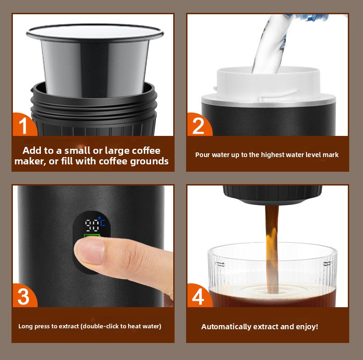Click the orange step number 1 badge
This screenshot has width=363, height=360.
(24, 125)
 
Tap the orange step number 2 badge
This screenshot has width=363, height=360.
(199, 125)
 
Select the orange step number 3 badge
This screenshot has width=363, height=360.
(24, 296)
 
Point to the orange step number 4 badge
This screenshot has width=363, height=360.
(199, 296)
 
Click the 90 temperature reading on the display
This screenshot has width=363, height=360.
(92, 225)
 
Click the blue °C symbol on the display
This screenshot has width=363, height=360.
(102, 221)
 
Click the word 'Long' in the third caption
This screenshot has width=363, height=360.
(24, 326)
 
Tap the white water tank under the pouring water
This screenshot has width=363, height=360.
(268, 84)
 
